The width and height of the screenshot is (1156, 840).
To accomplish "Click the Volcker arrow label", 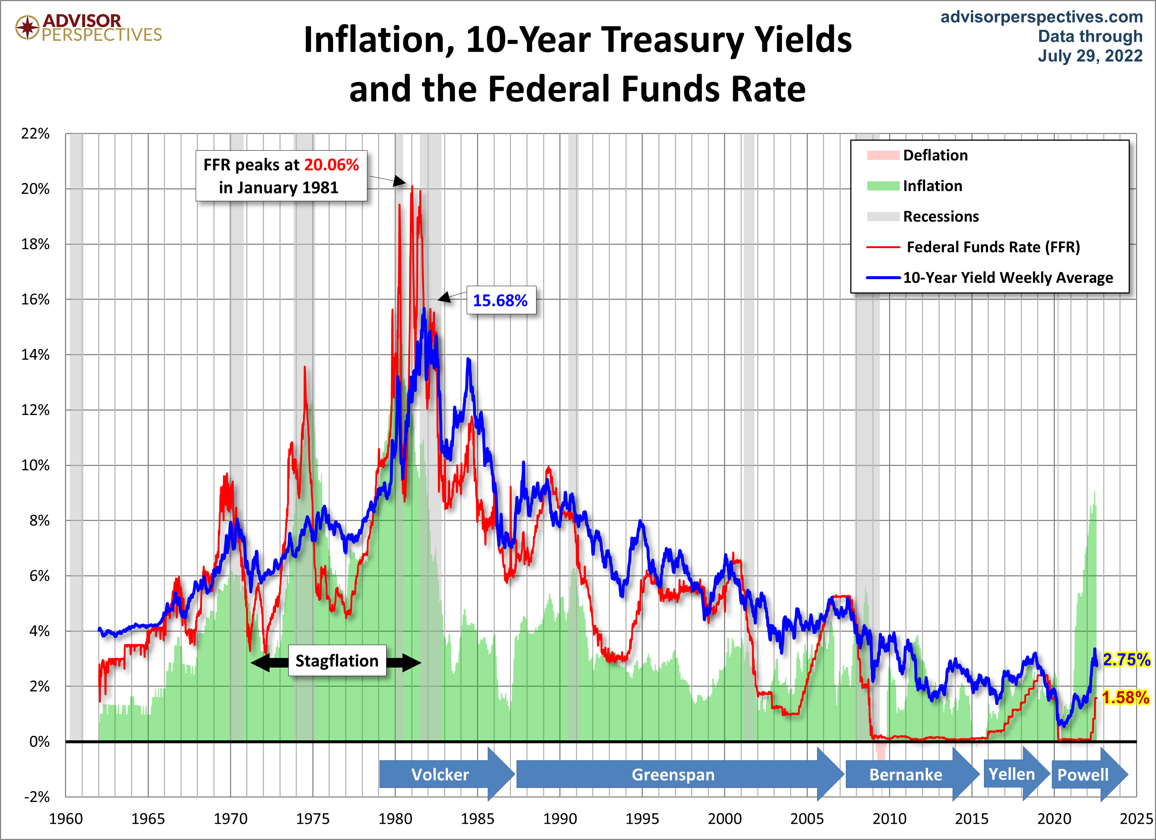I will pyautogui.click(x=440, y=775).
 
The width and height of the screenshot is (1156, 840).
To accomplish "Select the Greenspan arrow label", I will pyautogui.click(x=673, y=775).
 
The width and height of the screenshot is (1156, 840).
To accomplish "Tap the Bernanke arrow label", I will pyautogui.click(x=906, y=775).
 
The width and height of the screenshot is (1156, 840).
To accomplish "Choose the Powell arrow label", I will pyautogui.click(x=1083, y=775).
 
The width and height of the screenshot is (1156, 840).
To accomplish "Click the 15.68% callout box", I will pyautogui.click(x=501, y=300).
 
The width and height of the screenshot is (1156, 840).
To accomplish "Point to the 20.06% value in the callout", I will pyautogui.click(x=331, y=165).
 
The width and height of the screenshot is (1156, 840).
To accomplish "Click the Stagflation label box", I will pyautogui.click(x=337, y=661).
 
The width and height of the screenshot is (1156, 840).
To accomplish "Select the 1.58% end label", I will pyautogui.click(x=1125, y=697).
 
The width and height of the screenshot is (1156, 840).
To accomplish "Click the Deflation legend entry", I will pyautogui.click(x=935, y=155).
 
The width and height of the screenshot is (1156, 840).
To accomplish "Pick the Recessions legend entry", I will pyautogui.click(x=940, y=216).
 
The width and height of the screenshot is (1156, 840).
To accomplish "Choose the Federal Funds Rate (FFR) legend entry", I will pyautogui.click(x=992, y=247).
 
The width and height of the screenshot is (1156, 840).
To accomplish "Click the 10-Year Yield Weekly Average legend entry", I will pyautogui.click(x=1008, y=277).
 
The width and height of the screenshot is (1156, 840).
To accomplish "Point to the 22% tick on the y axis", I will pyautogui.click(x=35, y=134).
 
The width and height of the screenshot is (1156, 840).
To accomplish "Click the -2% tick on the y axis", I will pyautogui.click(x=37, y=797).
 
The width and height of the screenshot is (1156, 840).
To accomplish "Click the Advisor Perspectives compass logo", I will pyautogui.click(x=27, y=27).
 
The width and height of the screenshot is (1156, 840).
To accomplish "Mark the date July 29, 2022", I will pyautogui.click(x=1090, y=55).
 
